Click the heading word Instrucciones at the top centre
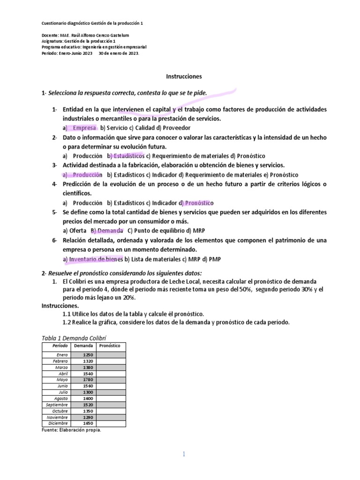tap(184, 75)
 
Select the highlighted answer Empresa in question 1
tap(84, 127)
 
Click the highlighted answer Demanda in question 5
tap(109, 231)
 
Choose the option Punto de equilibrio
tap(155, 231)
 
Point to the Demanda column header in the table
tap(82, 345)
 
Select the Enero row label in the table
tap(61, 355)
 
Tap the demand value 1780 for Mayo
tap(88, 380)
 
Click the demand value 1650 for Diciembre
tap(88, 423)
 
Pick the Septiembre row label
tap(57, 405)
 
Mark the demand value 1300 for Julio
tap(88, 392)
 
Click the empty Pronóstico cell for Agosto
tap(111, 398)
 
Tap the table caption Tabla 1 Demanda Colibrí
tap(74, 338)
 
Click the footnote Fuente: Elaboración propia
tap(71, 430)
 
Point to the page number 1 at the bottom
tap(184, 453)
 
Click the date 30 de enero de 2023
tap(119, 53)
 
